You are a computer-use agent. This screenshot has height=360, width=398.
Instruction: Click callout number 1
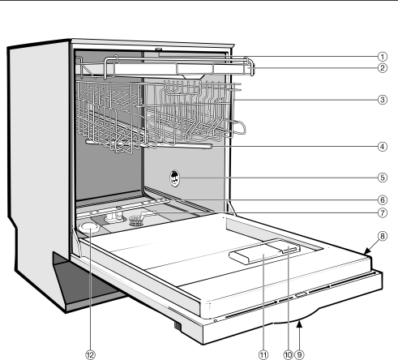pos(382,57)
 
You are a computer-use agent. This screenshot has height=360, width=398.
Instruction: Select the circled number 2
pos(382,68)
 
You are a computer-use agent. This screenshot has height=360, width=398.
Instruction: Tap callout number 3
pos(382,100)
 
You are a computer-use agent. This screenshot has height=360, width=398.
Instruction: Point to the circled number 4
pos(382,147)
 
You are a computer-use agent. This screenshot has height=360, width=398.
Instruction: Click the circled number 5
pos(382,178)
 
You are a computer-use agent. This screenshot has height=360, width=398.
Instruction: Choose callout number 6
pos(382,200)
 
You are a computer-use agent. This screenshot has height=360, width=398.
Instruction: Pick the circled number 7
pos(382,212)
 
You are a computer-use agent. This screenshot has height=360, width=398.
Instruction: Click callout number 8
pos(382,236)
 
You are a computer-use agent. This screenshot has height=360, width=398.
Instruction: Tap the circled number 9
pos(299,354)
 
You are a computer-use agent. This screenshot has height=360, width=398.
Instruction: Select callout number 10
pos(288,354)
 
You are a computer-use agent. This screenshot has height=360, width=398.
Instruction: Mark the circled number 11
pos(263,354)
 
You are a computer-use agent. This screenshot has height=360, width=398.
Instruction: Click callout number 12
pos(90,354)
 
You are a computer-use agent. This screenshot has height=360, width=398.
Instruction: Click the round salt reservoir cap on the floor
pos(89,228)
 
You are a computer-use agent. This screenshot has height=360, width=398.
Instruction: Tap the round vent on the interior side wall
pos(174,178)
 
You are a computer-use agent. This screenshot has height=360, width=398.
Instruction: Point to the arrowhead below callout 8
pos(366,252)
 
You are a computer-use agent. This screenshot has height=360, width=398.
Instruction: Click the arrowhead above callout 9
pos(299,324)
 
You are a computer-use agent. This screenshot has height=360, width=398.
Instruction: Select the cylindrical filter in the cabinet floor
pos(135,221)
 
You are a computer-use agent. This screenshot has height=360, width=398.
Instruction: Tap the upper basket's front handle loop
pos(240,127)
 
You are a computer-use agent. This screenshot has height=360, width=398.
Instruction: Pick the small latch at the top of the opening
pos(158,49)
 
